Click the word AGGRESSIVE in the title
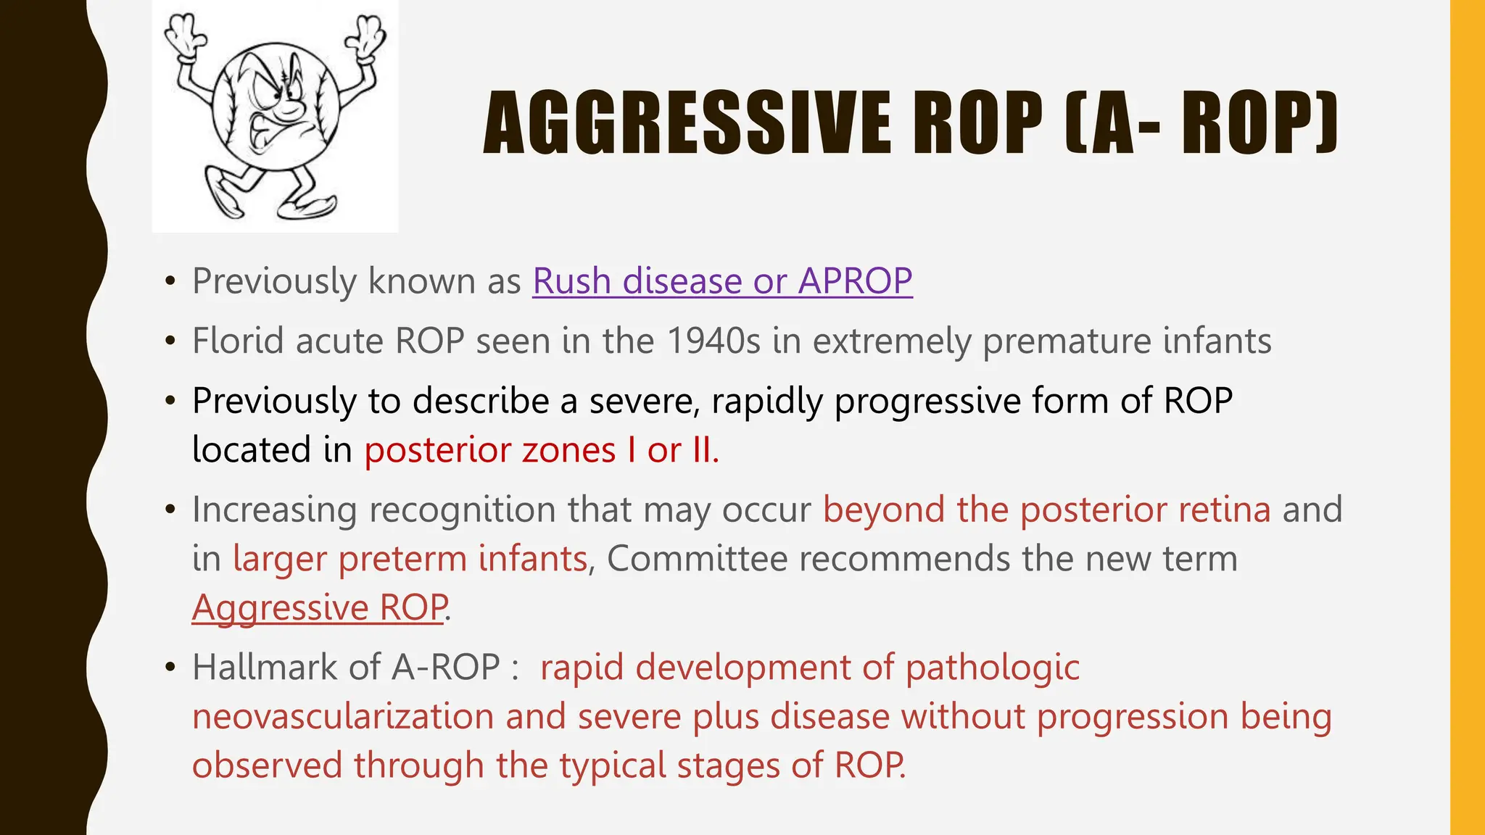tap(686, 123)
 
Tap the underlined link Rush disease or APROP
tap(722, 281)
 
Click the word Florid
tap(236, 341)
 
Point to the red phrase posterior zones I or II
tap(541, 450)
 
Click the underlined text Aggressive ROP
tap(319, 607)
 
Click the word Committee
tap(697, 559)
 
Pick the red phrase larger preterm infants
tap(410, 559)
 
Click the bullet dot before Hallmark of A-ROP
tap(170, 667)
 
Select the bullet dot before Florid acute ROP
tap(170, 341)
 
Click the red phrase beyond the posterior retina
tap(1046, 510)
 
